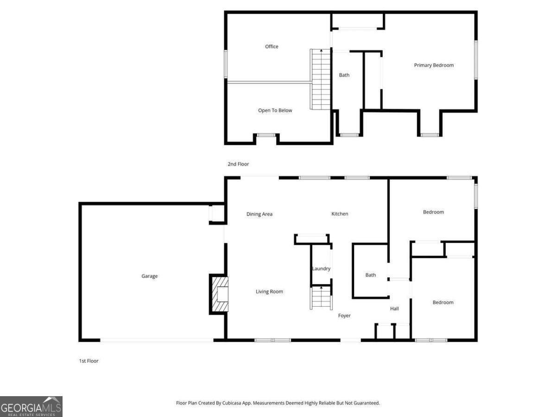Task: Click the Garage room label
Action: point(149,276)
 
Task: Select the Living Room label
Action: point(269,291)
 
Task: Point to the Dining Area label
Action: point(259,214)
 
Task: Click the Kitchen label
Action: point(340,214)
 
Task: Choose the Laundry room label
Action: point(321,269)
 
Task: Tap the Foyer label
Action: point(344,316)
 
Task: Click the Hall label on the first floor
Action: point(394,309)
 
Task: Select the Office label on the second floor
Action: point(272,46)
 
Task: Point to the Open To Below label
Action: point(275,110)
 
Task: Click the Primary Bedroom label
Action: point(434,65)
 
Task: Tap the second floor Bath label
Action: point(344,75)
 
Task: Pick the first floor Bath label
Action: point(370,275)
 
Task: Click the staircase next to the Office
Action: point(319,79)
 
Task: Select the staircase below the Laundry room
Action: point(321,298)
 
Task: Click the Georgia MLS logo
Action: point(31,406)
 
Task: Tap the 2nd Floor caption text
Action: point(238,164)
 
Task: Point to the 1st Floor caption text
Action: point(88,361)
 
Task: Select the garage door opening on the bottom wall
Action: point(157,341)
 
